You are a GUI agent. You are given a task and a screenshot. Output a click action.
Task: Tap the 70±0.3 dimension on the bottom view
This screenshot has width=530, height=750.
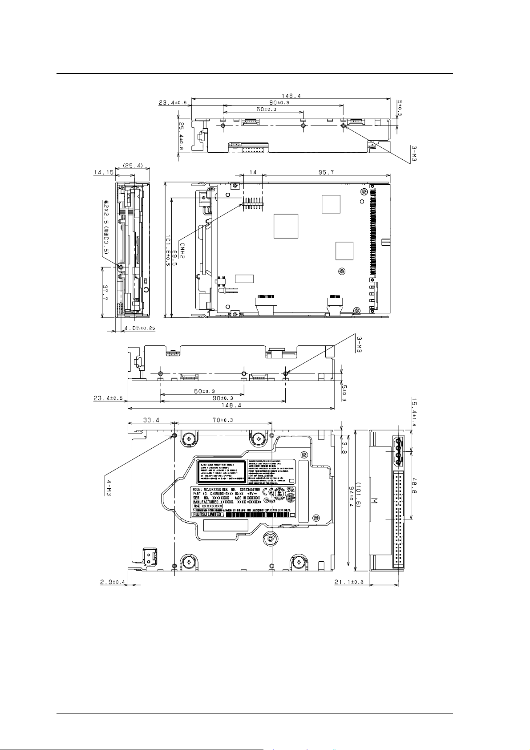click(x=222, y=419)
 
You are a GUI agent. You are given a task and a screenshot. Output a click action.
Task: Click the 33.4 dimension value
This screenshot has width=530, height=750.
click(x=151, y=419)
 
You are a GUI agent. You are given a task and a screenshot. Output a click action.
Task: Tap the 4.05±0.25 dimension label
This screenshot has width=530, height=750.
click(x=140, y=328)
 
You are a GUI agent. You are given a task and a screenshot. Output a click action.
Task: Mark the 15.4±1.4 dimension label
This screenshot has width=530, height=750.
click(x=414, y=413)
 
